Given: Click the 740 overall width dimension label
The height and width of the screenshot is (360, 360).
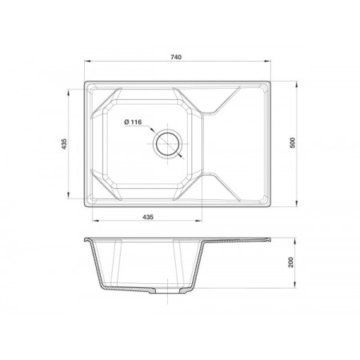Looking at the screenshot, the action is pyautogui.click(x=176, y=57).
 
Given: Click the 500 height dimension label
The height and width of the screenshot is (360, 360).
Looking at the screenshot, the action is pyautogui.click(x=293, y=142).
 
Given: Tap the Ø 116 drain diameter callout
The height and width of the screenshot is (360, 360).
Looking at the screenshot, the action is pyautogui.click(x=133, y=122).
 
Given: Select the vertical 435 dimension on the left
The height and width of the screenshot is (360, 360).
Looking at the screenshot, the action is pyautogui.click(x=64, y=144).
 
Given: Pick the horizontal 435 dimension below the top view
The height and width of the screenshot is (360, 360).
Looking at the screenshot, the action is pyautogui.click(x=148, y=217).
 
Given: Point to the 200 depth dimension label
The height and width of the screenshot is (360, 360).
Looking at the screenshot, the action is pyautogui.click(x=290, y=262).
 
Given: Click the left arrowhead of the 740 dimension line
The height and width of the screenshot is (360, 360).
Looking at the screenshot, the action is pyautogui.click(x=88, y=61).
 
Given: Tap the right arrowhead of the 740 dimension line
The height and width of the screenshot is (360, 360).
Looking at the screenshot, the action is pyautogui.click(x=267, y=61).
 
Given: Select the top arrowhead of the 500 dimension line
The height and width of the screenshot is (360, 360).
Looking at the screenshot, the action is pyautogui.click(x=297, y=85).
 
